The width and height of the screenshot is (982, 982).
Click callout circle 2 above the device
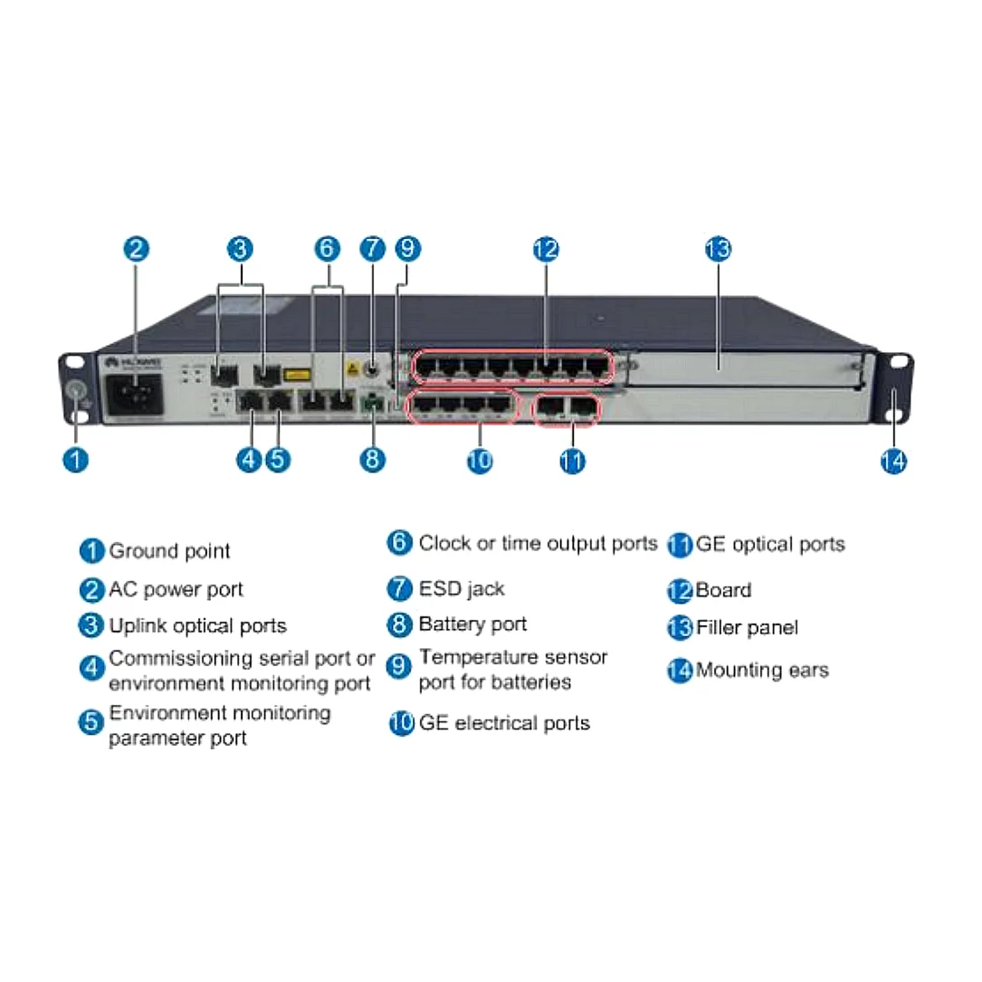click(136, 249)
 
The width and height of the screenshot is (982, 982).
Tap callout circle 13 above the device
click(718, 249)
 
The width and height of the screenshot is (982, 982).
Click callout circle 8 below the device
click(372, 459)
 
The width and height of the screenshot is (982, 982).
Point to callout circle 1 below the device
click(76, 459)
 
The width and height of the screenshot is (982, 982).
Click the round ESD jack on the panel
click(370, 369)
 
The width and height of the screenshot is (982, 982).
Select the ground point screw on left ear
click(76, 391)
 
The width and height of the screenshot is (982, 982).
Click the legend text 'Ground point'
click(169, 551)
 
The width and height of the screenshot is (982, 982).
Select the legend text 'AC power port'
click(176, 590)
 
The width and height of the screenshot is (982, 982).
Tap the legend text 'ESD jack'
click(462, 589)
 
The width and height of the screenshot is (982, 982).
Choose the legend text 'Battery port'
click(472, 624)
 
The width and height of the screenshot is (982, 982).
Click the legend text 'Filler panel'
click(747, 627)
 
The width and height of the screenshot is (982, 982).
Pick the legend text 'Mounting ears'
click(762, 671)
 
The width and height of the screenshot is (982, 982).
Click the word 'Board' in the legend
click(723, 591)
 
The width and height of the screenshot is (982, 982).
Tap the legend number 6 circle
click(400, 543)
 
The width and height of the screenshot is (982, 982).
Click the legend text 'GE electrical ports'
click(503, 723)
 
